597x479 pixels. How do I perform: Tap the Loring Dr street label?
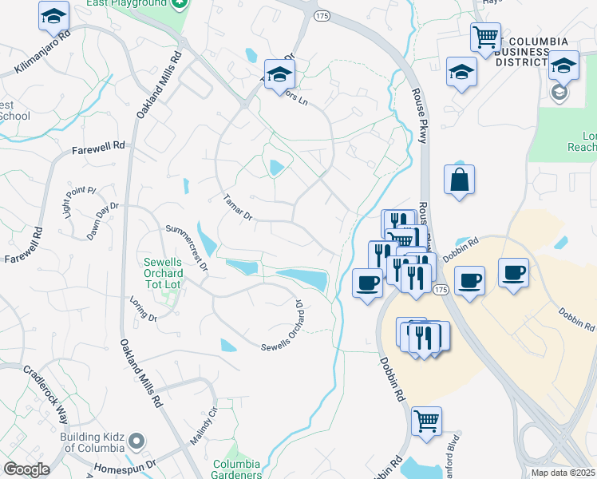[144, 309]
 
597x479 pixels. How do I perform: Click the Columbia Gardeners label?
[236, 469]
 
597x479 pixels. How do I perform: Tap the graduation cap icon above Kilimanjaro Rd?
[54, 15]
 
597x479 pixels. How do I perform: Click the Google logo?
[26, 469]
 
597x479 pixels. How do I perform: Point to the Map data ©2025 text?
[563, 473]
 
